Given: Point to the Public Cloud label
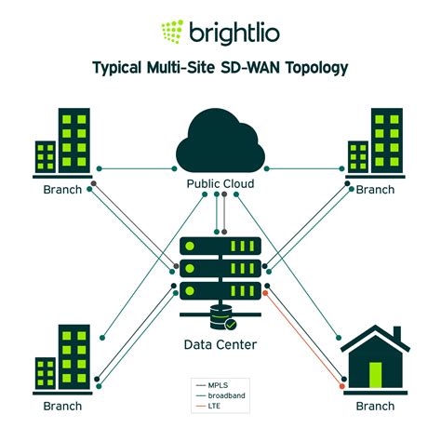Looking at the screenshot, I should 220,184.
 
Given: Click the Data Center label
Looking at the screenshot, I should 220,345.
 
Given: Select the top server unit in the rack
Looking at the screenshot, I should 220,247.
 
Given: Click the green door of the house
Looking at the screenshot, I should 376,373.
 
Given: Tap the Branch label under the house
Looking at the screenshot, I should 376,406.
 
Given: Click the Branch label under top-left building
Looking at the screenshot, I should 62,190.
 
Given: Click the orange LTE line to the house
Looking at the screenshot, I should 307,339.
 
